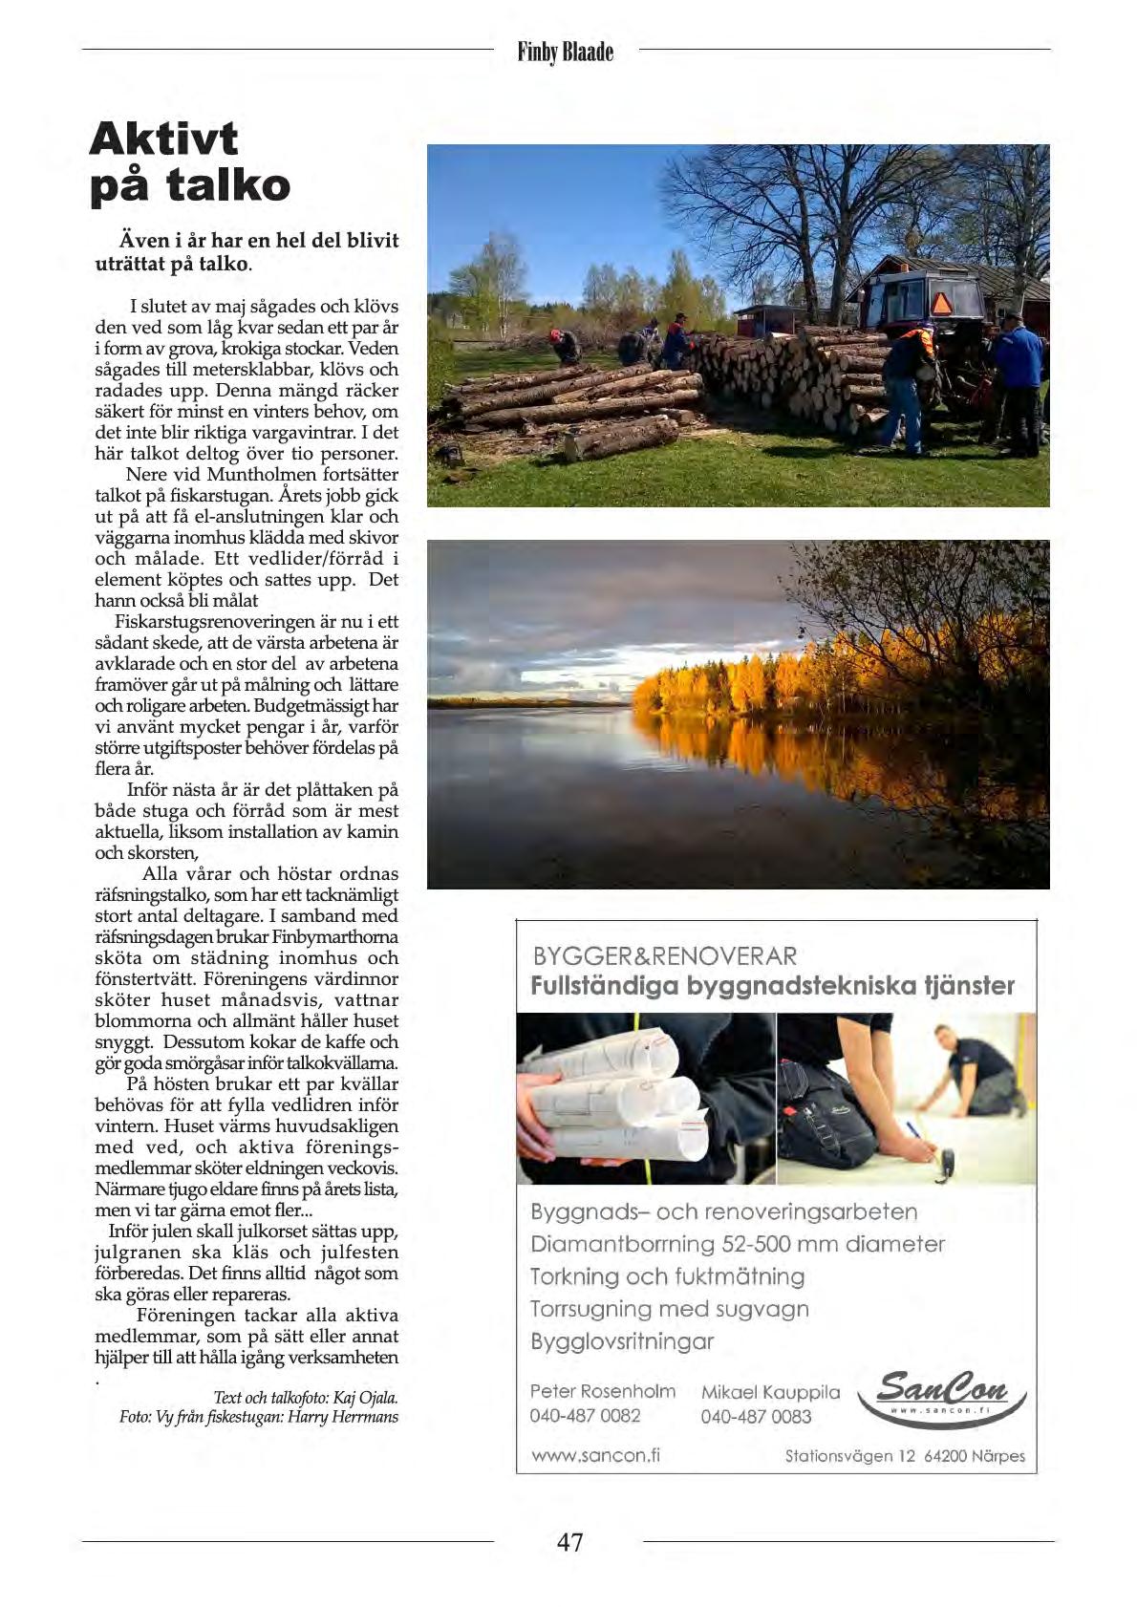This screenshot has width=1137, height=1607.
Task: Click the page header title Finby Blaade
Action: click(566, 51)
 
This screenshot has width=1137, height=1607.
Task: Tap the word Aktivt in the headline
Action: click(163, 139)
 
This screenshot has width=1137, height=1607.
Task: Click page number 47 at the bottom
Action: click(569, 1542)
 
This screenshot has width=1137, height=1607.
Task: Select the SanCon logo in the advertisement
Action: click(941, 1397)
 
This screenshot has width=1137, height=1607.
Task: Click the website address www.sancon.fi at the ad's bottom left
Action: click(595, 1455)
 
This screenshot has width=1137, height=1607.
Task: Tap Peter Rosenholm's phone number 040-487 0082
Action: click(585, 1415)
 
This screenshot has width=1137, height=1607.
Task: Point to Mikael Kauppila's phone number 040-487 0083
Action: click(756, 1416)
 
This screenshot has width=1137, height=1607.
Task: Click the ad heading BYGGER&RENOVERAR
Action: click(664, 956)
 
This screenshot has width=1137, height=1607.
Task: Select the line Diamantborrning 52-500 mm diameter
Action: click(737, 1244)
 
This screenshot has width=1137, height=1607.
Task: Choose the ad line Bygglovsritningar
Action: click(622, 1341)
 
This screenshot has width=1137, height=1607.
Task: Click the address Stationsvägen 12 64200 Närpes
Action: click(904, 1456)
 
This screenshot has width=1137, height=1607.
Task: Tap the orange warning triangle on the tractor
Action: click(941, 304)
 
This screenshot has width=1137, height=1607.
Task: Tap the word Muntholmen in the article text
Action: click(262, 475)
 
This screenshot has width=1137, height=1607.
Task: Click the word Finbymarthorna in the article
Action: click(334, 936)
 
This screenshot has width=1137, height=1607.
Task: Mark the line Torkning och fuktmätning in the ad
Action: click(667, 1276)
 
